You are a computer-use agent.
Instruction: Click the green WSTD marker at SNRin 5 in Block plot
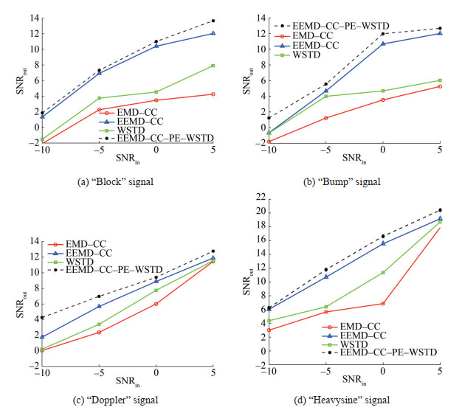click(x=213, y=66)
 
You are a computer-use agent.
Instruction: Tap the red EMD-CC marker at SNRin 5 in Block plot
click(x=213, y=94)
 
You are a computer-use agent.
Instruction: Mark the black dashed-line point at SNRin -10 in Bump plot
click(x=269, y=117)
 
